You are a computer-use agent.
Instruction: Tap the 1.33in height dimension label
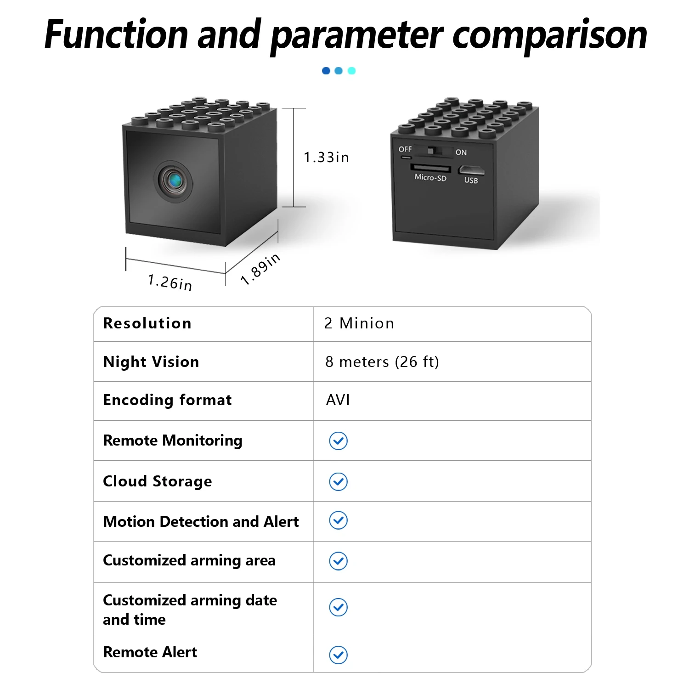tap(326, 158)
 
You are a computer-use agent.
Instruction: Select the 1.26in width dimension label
tap(170, 282)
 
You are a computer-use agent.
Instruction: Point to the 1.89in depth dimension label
tap(260, 269)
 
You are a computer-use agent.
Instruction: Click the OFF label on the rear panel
tap(405, 149)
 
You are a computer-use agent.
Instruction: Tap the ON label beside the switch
tap(461, 152)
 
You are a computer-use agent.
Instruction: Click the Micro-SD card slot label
tap(430, 177)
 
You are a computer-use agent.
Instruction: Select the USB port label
tap(471, 181)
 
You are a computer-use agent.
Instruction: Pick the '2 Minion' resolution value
tap(359, 323)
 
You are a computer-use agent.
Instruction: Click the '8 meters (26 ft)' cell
tap(382, 362)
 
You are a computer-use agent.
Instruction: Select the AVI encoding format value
tap(338, 400)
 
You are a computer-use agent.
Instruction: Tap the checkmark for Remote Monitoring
tap(339, 441)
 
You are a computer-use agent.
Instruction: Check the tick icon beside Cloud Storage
tap(339, 482)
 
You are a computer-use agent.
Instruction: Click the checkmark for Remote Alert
tap(339, 655)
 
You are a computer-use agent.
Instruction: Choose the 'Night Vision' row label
tap(151, 362)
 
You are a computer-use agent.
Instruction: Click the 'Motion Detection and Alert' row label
tap(201, 522)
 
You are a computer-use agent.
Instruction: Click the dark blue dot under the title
tap(326, 71)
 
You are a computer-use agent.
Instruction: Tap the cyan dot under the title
tap(352, 71)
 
